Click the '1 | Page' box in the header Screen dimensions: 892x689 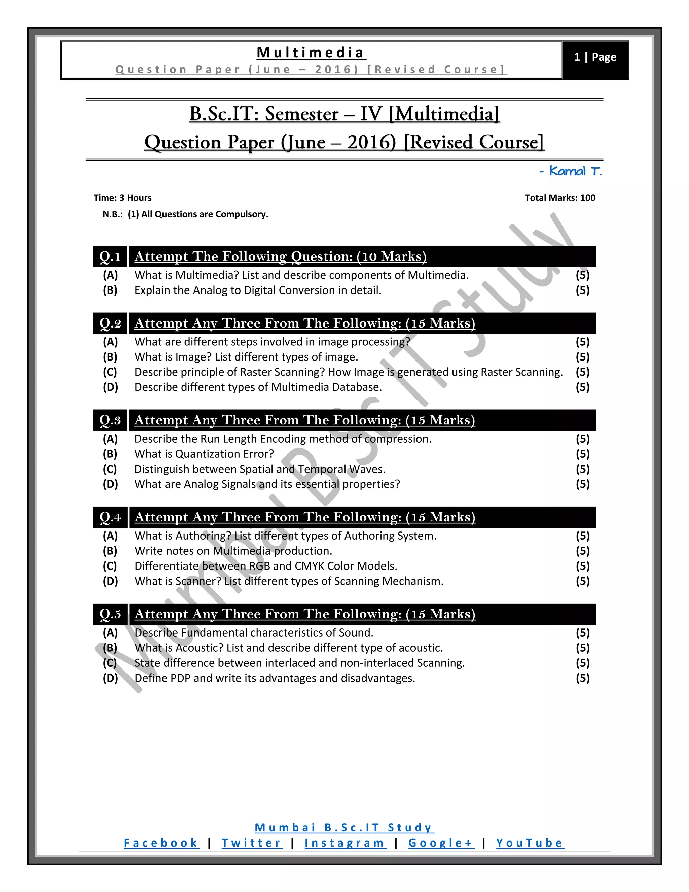(595, 57)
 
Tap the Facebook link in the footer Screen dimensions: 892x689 (161, 843)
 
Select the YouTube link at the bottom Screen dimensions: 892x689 (530, 843)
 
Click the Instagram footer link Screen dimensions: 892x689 (345, 843)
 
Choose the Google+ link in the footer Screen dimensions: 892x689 (441, 843)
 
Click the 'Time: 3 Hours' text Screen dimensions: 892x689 (122, 198)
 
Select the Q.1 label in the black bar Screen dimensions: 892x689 (110, 256)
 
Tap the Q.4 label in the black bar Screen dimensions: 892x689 (110, 517)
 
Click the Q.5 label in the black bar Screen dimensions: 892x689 (110, 614)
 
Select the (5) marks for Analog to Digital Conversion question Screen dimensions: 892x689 (582, 290)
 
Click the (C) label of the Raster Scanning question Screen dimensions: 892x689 (110, 372)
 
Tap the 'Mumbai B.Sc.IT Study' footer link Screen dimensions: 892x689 (344, 827)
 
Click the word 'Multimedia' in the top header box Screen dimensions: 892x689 (311, 53)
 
